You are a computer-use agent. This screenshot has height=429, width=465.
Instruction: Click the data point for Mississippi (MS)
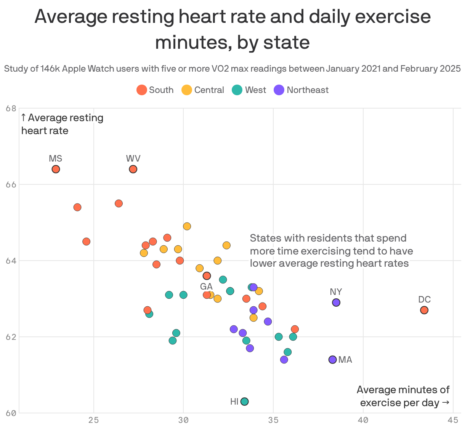point(56,169)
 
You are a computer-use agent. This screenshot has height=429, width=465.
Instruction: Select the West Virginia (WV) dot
point(133,169)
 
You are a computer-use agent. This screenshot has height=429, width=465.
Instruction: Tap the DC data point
point(424,310)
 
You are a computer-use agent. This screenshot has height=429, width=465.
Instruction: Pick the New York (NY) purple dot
point(336,303)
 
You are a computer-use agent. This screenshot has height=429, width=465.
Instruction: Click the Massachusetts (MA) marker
point(333,360)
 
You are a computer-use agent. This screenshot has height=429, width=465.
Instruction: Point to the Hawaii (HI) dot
point(245,402)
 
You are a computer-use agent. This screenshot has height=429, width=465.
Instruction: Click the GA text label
point(206,286)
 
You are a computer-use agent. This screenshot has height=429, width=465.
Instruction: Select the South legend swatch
point(142,90)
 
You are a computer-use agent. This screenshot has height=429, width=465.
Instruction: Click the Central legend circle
point(186,90)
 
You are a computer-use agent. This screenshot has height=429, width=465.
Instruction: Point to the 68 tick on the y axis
point(11,109)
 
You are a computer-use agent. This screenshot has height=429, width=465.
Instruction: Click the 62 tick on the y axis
point(11,337)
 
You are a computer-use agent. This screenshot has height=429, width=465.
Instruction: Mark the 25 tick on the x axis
point(94,420)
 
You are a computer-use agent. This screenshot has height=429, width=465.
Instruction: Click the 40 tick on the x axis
point(363,420)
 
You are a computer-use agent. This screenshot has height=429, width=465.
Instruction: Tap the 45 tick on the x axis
point(453,420)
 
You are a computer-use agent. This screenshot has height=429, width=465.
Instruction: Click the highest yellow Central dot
point(187,226)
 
